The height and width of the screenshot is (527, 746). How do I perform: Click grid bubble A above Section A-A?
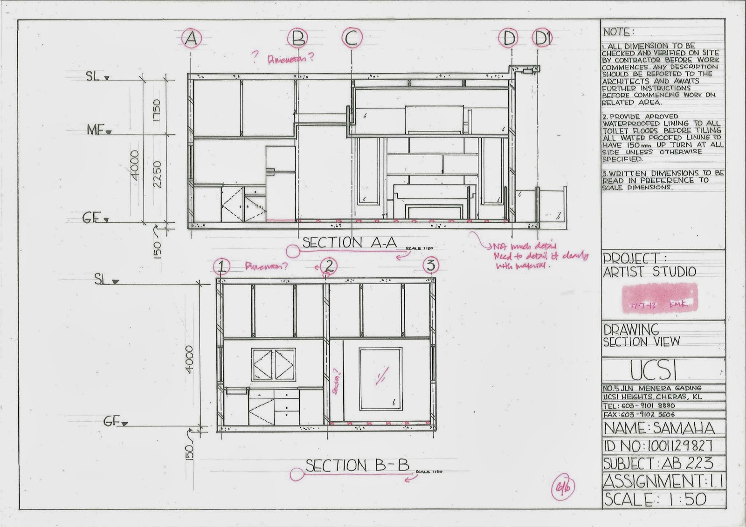(x=191, y=39)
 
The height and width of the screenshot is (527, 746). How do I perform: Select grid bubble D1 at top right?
(x=542, y=39)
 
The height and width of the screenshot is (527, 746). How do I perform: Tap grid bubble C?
(x=352, y=39)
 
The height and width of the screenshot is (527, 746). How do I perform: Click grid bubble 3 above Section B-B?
(x=430, y=266)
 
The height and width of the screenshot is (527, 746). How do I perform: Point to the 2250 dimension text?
(x=157, y=174)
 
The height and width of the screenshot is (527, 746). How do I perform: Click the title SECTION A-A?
(x=349, y=242)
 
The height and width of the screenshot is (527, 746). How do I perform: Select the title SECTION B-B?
(x=357, y=465)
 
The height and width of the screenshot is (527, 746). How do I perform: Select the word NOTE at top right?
(x=618, y=32)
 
